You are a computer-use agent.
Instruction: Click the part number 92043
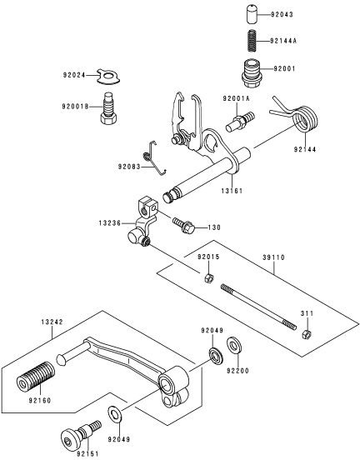point(282,14)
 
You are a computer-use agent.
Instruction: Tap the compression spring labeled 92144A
point(252,41)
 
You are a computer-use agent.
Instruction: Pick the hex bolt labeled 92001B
point(108,109)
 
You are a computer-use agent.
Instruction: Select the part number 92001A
point(236,98)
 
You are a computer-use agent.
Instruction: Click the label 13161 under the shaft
point(232,191)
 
